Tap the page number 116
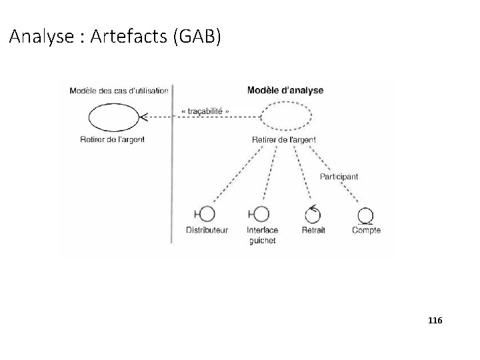tap(434, 321)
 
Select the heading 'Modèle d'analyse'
tap(285, 90)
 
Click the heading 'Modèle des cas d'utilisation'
tap(118, 91)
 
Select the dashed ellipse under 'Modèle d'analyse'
tap(285, 119)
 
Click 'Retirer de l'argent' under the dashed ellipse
tap(284, 139)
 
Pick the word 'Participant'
tap(339, 177)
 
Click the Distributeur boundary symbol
tap(206, 214)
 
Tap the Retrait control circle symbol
tap(312, 214)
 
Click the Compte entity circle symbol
tap(365, 215)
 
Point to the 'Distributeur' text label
tap(207, 231)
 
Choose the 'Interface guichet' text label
tap(262, 235)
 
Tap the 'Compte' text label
tap(366, 231)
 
